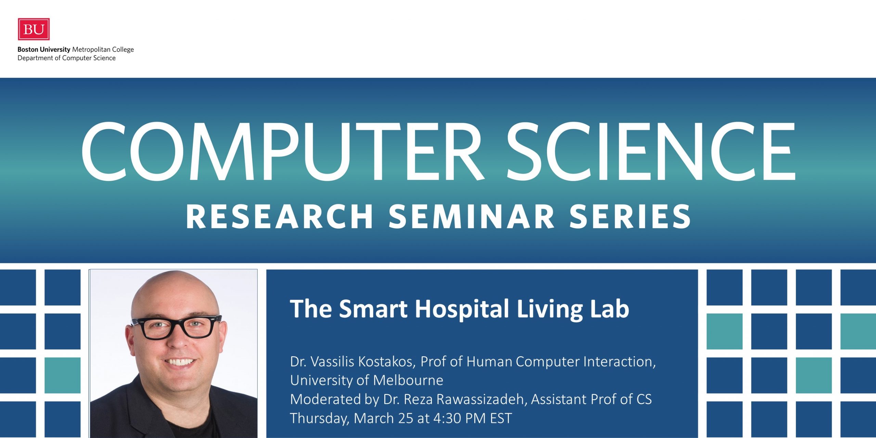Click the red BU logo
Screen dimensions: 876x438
click(x=34, y=29)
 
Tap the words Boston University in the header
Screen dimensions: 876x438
click(x=44, y=49)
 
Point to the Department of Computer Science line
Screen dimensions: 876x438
click(x=66, y=58)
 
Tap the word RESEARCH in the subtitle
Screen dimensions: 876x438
click(x=279, y=216)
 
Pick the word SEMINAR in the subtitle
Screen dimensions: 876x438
click(x=472, y=216)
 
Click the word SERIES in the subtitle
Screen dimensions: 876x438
click(x=630, y=216)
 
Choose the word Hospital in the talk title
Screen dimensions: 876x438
click(x=462, y=309)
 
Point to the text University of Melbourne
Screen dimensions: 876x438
click(x=366, y=381)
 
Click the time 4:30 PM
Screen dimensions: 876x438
click(x=460, y=418)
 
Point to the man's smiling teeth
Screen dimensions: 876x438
click(x=180, y=361)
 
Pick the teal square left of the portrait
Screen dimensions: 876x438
click(x=63, y=375)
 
